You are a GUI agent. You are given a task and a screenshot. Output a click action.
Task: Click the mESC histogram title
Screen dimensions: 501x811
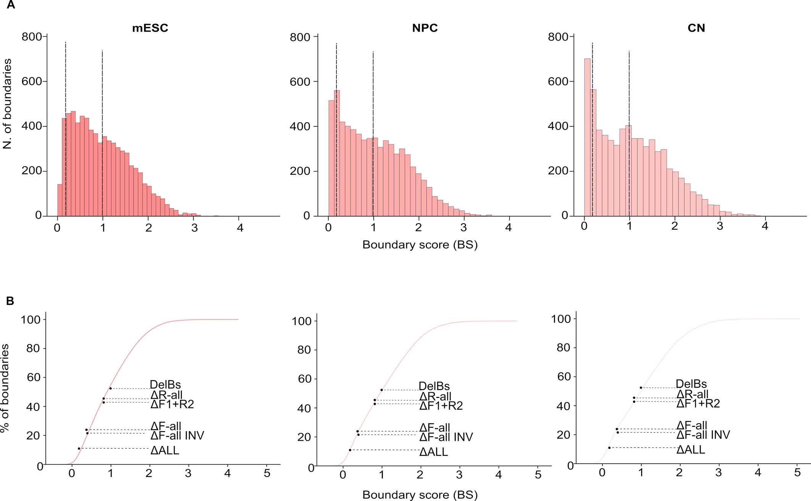150,28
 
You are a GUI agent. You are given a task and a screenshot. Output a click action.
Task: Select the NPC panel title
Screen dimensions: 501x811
425,28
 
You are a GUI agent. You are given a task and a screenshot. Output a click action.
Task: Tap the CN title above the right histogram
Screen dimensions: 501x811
696,28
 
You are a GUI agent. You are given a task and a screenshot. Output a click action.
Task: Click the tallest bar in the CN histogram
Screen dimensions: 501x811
587,137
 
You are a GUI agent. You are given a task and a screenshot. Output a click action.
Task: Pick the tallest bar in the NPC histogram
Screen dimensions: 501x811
337,153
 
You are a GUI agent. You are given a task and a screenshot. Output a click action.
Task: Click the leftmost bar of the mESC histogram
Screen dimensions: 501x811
60,200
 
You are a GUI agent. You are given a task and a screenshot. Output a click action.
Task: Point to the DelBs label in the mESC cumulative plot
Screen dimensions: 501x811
165,384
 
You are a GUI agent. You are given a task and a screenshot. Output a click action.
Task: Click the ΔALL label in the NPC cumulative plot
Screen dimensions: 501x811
433,452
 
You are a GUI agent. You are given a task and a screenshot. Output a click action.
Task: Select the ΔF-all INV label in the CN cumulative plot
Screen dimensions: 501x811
703,435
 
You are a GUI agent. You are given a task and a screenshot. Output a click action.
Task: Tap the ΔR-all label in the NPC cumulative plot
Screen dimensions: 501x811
435,396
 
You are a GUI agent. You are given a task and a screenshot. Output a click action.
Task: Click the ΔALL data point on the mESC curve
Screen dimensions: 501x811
79,448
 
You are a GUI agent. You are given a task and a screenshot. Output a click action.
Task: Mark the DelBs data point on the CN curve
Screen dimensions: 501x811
641,388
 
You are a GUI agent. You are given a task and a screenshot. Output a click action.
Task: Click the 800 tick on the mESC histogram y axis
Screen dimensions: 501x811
32,37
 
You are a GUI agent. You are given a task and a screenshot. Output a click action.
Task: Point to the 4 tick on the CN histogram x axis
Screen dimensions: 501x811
765,226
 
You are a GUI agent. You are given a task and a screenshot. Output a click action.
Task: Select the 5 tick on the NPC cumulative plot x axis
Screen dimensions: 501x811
538,475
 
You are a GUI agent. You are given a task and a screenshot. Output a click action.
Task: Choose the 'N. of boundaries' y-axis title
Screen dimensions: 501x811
7,103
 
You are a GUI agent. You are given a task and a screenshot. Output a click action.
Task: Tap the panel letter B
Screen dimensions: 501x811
10,301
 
